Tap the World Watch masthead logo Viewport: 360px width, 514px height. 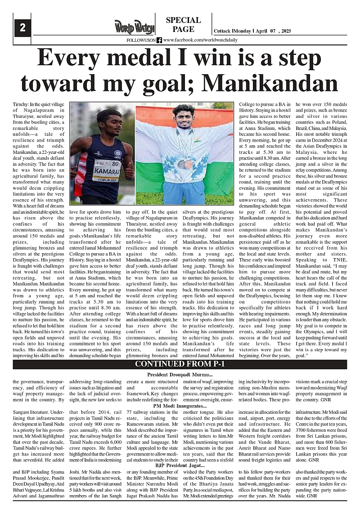point(134,27)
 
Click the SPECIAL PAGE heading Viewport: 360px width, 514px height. point(183,25)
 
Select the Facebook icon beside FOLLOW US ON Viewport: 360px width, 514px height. point(159,40)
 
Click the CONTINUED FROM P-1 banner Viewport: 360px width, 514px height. point(180,365)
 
